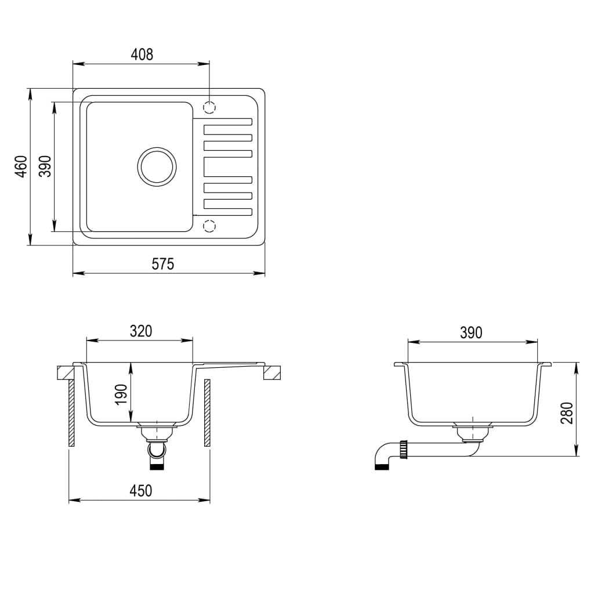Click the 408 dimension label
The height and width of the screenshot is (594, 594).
tap(142, 55)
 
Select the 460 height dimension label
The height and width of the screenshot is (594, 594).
tap(21, 166)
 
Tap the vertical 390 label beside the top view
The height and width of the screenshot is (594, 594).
tap(45, 166)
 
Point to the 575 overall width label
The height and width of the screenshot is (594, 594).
tap(163, 264)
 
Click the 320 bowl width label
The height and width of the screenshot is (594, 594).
tap(140, 331)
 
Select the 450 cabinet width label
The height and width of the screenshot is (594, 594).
tap(140, 491)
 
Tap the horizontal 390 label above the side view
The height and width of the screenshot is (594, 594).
tap(471, 332)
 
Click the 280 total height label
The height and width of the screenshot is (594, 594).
tap(567, 413)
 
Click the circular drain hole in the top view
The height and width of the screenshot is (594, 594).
tap(156, 166)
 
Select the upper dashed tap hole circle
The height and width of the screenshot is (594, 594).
tap(209, 107)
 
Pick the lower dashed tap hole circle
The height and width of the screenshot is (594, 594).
tap(209, 224)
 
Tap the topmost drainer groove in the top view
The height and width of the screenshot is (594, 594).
tap(227, 122)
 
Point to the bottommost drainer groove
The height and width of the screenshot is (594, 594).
tap(227, 204)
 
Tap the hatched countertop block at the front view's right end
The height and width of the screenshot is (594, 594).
tap(272, 372)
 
